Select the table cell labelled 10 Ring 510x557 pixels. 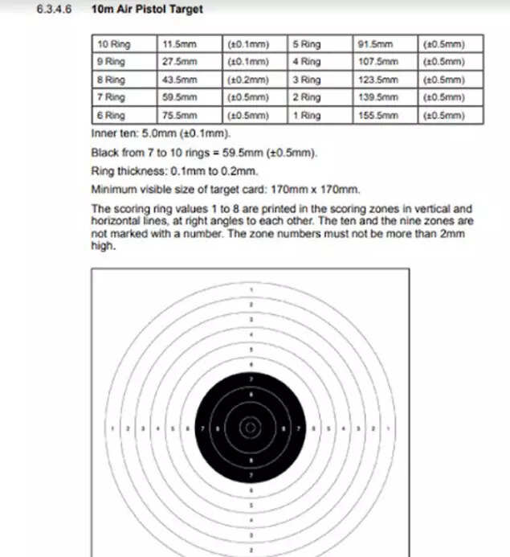coord(113,44)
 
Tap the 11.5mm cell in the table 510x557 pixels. coord(179,44)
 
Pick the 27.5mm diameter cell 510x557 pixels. coord(179,62)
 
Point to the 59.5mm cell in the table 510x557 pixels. coord(179,97)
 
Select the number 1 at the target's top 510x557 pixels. coord(251,289)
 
